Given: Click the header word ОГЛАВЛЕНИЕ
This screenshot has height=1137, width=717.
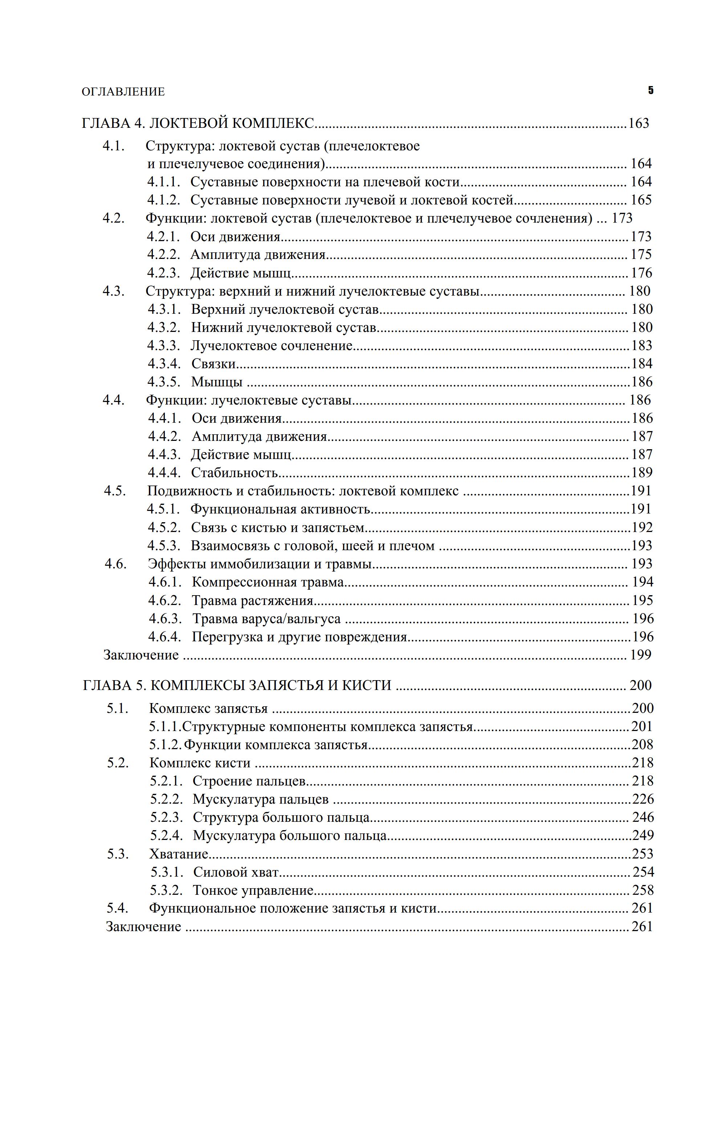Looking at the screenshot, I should tap(123, 92).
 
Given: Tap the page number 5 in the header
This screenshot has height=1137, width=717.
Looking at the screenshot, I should tap(651, 90).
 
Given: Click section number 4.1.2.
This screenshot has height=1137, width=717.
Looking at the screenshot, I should tap(163, 200).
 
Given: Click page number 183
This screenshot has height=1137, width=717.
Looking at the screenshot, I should tap(641, 346).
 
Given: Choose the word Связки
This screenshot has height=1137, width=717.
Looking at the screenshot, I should tap(213, 364).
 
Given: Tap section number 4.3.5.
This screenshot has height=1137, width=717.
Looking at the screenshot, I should tap(164, 382).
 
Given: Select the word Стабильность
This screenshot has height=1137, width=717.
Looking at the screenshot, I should tap(235, 473).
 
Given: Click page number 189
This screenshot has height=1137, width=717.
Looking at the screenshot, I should tap(642, 473).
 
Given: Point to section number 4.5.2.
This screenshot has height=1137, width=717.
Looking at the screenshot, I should tap(164, 527).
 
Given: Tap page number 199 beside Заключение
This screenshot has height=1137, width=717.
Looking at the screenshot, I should tap(640, 655).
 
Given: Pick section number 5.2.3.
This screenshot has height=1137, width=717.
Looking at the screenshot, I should tap(167, 817).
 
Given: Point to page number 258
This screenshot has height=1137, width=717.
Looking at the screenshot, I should tap(643, 890).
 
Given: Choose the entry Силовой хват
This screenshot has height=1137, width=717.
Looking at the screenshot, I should tap(236, 872).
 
